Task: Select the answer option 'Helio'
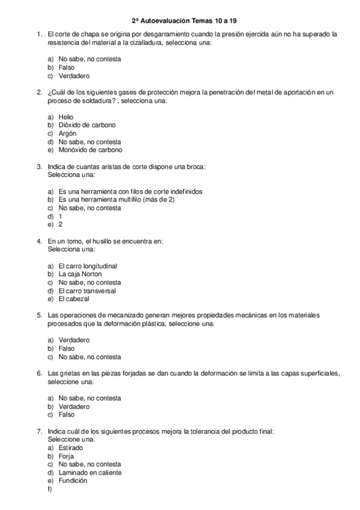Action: coord(66,117)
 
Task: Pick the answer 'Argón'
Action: coord(67,134)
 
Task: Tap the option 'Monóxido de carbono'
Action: coord(90,150)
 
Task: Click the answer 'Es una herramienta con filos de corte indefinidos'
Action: coord(130,191)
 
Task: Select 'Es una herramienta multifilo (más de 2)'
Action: coord(116,200)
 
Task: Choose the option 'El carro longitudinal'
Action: coord(88,266)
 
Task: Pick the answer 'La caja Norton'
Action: coord(80,274)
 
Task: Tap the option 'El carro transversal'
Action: coord(87,291)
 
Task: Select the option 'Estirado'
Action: coord(71,448)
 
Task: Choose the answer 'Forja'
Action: coord(66,456)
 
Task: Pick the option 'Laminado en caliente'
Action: coord(90,473)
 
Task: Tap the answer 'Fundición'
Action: coord(73,481)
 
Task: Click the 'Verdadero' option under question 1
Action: coord(74,76)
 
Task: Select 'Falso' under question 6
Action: coord(67,415)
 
